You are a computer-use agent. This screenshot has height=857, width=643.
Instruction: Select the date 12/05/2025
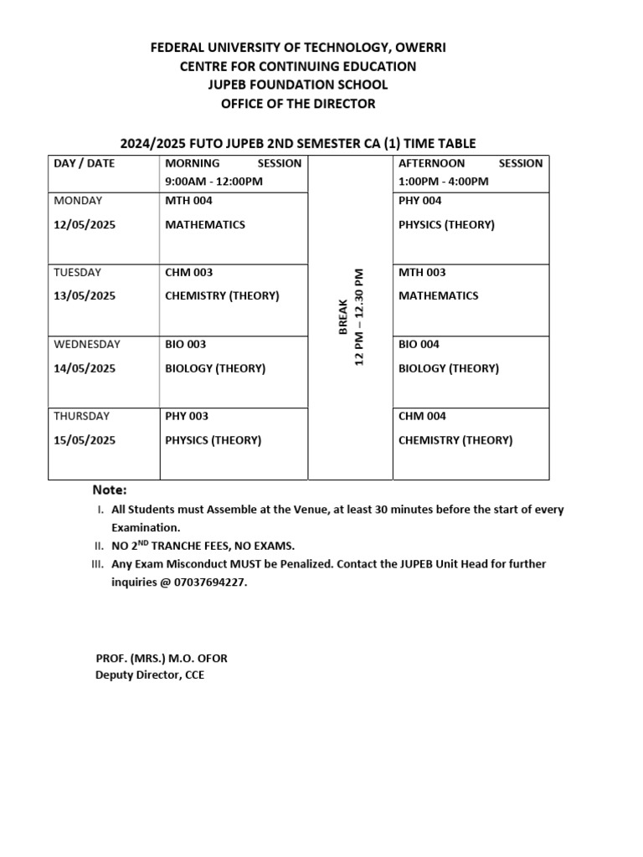pos(85,224)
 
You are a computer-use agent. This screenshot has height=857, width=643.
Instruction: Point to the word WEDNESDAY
pos(87,344)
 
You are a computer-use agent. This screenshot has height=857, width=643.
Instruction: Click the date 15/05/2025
pos(85,440)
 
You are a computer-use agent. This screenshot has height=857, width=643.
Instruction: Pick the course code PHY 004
pos(420,201)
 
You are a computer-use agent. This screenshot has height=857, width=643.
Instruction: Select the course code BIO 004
pos(419,344)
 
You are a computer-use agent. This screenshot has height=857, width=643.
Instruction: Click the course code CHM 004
pos(422,416)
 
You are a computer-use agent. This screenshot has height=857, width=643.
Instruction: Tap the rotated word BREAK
pos(342,316)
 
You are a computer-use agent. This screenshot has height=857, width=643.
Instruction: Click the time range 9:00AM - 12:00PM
pos(213,181)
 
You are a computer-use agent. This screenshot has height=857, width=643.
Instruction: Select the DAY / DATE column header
pos(85,163)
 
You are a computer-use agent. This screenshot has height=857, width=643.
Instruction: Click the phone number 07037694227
pos(211,582)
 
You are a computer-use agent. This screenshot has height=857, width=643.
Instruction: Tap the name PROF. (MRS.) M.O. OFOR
pos(162,659)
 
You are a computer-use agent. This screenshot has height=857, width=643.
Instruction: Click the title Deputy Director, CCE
pos(150,675)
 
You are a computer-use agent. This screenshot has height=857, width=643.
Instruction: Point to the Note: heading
pos(110,490)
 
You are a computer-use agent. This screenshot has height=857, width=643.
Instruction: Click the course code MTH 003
pos(422,273)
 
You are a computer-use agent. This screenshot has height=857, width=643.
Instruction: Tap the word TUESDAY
pos(78,273)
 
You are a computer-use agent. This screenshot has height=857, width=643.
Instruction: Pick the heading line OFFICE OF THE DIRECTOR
pos(298,104)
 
